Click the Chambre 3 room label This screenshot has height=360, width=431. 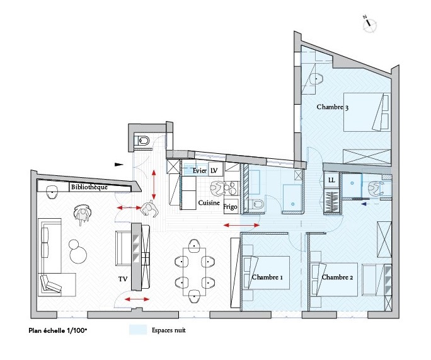332,107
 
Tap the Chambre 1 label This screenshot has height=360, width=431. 267,277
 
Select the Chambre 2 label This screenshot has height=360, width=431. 337,277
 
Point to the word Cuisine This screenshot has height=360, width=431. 209,203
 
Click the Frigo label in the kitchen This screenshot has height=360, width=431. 230,207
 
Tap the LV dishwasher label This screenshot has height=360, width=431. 214,171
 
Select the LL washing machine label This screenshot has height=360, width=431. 331,180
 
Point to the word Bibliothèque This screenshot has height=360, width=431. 88,187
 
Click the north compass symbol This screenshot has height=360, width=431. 370,24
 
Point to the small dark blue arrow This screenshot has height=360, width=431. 364,204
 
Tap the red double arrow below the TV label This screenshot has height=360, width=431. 137,299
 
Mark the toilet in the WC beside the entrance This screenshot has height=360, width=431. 142,141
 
